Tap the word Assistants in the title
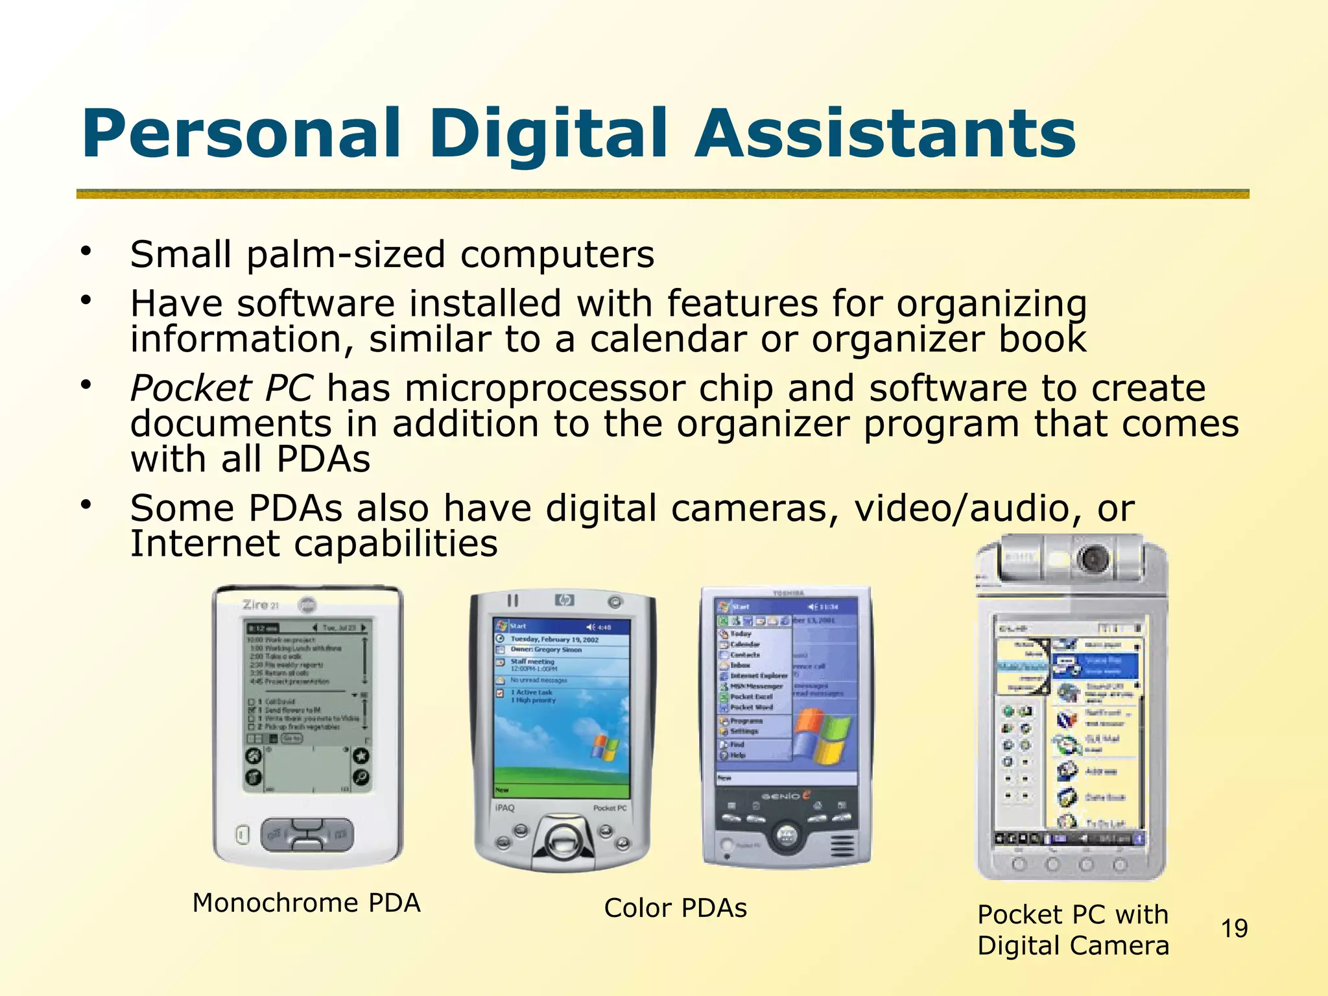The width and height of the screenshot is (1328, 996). pyautogui.click(x=884, y=134)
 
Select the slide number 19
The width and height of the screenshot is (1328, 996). pyautogui.click(x=1234, y=929)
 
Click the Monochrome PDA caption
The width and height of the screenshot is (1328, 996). pyautogui.click(x=306, y=903)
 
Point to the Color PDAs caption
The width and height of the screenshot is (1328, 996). pyautogui.click(x=675, y=908)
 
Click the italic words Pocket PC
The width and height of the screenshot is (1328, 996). pyautogui.click(x=222, y=388)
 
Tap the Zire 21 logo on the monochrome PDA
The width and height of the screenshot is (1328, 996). pyautogui.click(x=260, y=605)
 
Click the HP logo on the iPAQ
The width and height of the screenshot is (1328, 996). pyautogui.click(x=564, y=600)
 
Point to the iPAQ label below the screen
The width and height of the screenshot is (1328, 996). pyautogui.click(x=504, y=808)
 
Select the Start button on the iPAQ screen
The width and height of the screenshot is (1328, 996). pyautogui.click(x=512, y=626)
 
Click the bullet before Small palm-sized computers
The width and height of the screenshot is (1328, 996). pyautogui.click(x=86, y=251)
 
